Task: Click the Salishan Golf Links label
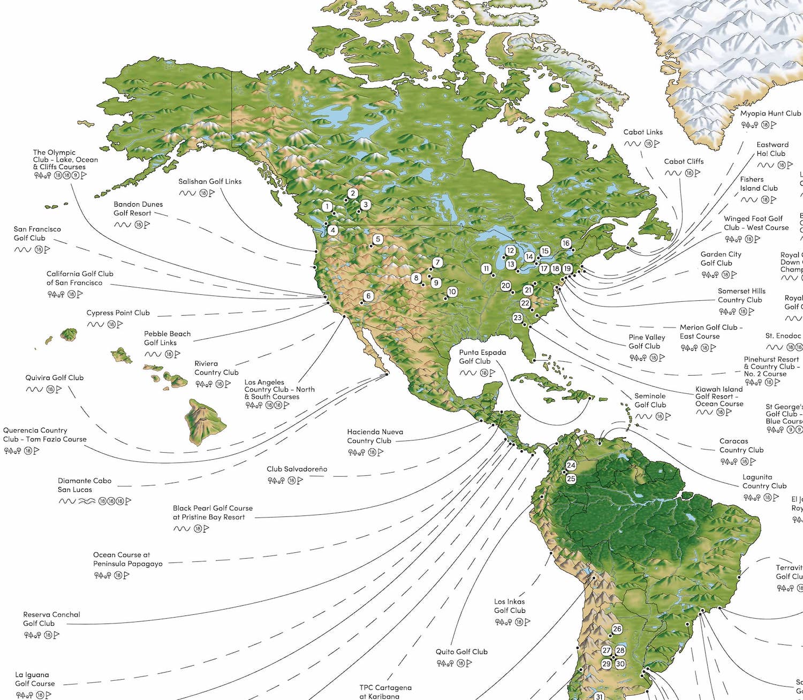click(x=210, y=181)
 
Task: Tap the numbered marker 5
click(x=378, y=239)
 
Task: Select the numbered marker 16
click(x=566, y=243)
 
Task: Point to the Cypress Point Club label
click(x=118, y=313)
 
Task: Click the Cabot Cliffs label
click(x=684, y=161)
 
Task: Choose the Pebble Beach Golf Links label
click(x=167, y=338)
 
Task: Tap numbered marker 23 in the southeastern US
click(x=517, y=317)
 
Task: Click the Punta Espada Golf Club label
click(x=482, y=356)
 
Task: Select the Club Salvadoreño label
click(x=297, y=469)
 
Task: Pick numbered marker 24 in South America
click(x=571, y=466)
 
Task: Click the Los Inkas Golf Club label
click(x=510, y=606)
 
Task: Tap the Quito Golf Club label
click(x=461, y=652)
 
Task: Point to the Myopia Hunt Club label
click(x=770, y=113)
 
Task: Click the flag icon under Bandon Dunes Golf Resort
click(x=147, y=225)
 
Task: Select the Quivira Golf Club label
click(x=55, y=377)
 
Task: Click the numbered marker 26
click(x=617, y=629)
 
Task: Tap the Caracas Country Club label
click(x=741, y=445)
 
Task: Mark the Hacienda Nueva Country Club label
click(x=375, y=436)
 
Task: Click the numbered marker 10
click(x=452, y=292)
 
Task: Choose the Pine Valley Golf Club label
click(x=647, y=341)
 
